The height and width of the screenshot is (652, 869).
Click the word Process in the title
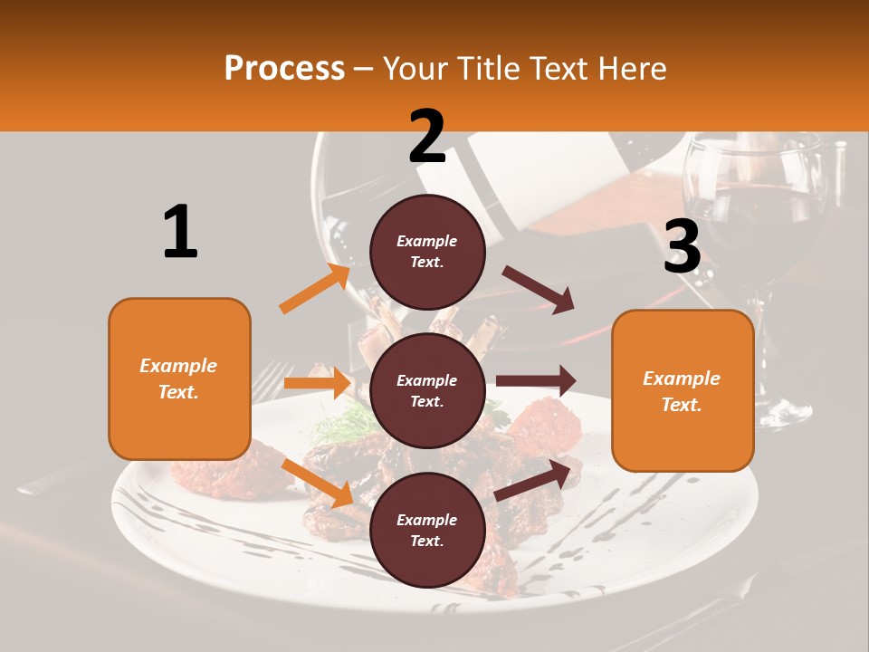click(x=284, y=69)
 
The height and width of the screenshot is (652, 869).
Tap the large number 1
click(x=180, y=232)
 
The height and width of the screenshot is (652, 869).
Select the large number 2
click(x=427, y=137)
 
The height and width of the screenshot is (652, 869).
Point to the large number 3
click(x=682, y=246)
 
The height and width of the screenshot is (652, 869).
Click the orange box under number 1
click(x=179, y=379)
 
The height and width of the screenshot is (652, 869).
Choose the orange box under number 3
click(x=683, y=391)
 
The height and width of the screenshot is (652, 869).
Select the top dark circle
click(x=427, y=252)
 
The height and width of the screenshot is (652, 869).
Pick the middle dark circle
click(x=427, y=390)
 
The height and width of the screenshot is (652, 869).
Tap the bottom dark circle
click(x=427, y=530)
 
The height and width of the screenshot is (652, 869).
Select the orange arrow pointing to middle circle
click(x=317, y=383)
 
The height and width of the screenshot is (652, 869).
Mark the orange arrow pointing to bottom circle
click(x=318, y=482)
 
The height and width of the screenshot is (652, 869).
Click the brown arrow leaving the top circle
click(x=539, y=290)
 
